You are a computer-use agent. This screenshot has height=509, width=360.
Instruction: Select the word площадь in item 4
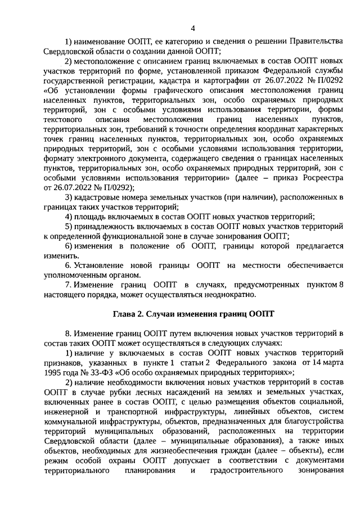[88, 217]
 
